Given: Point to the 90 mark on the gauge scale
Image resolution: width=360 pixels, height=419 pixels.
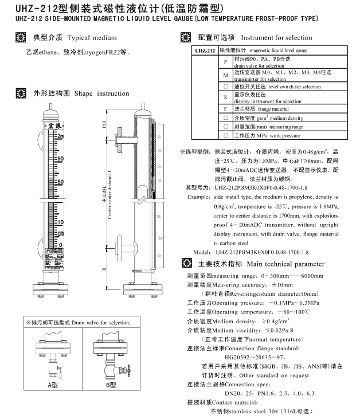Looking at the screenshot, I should tap(60, 158).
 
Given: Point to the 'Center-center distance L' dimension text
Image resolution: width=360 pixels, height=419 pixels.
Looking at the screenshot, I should tap(109, 195).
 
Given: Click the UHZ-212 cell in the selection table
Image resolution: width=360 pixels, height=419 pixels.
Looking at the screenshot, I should tap(204, 51).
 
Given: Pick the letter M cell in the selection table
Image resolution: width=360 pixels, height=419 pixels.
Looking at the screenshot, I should tap(226, 75).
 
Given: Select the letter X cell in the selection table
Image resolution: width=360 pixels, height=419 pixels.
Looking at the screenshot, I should tap(226, 97).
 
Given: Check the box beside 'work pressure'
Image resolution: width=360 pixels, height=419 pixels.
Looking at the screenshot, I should tap(226, 136).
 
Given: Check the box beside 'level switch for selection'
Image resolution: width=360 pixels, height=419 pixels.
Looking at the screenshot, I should tap(226, 87).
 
